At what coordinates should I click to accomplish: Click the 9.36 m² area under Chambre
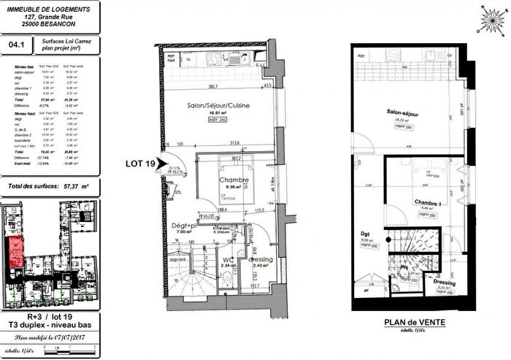[x=234, y=187]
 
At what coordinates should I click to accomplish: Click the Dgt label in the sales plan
[x=367, y=233]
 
